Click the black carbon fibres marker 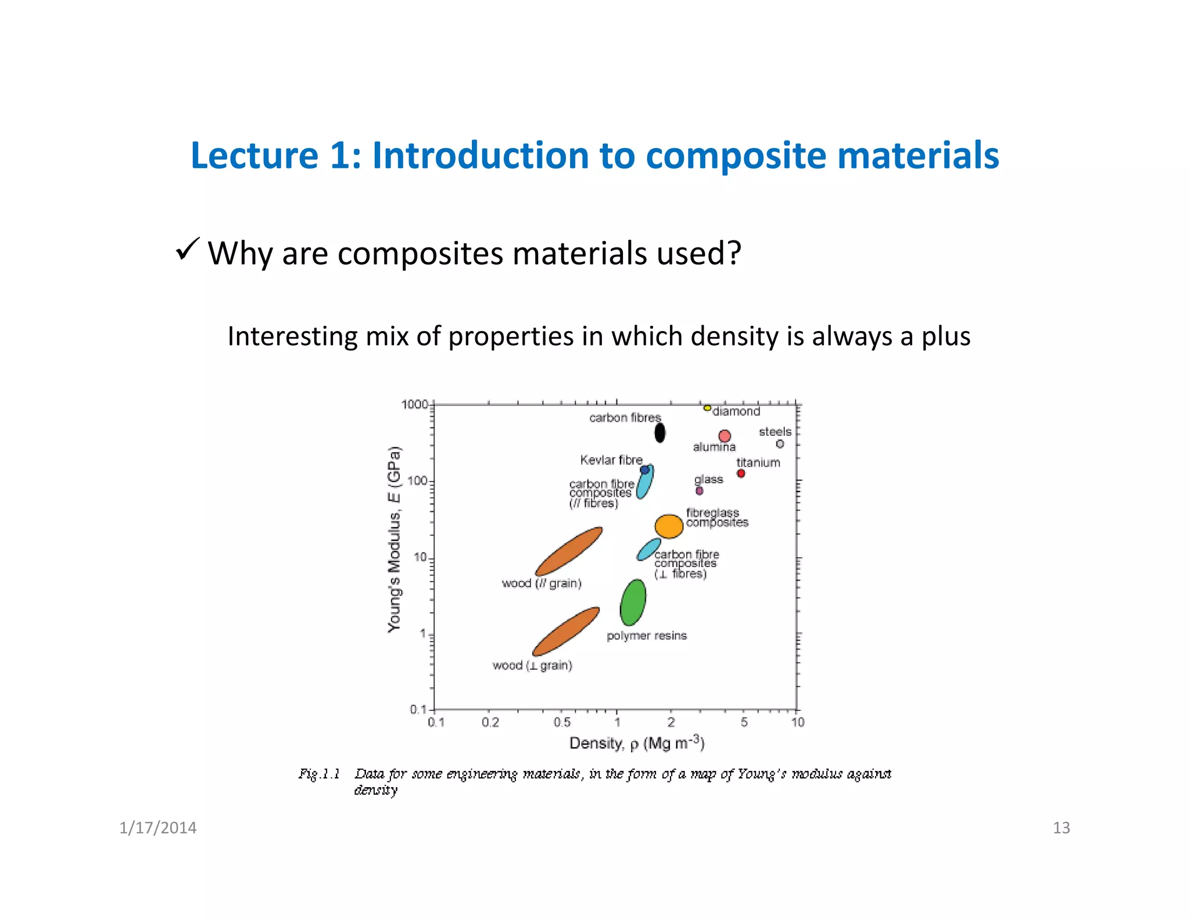click(659, 433)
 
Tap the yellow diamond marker click(707, 408)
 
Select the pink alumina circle click(725, 436)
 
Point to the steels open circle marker click(780, 444)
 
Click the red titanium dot click(741, 473)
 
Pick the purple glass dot click(700, 491)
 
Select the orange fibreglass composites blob click(669, 526)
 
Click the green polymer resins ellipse click(633, 602)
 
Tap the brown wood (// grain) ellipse click(568, 551)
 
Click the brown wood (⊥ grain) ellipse click(566, 631)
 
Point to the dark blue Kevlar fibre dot click(644, 470)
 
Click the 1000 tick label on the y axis click(414, 404)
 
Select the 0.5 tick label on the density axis click(562, 723)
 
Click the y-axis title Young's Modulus click(395, 539)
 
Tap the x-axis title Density click(636, 744)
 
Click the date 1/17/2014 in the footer click(157, 828)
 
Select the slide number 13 click(1061, 828)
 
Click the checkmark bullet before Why click(187, 250)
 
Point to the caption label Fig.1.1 click(319, 774)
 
